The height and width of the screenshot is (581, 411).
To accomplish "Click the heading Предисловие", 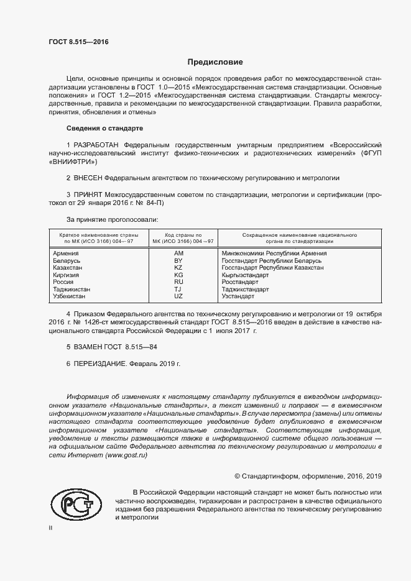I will point(215,62).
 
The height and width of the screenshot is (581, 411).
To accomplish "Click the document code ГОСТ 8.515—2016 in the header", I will point(78,42).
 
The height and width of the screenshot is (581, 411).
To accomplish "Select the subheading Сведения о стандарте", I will point(104,128).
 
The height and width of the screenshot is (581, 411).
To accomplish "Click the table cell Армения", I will point(66,254).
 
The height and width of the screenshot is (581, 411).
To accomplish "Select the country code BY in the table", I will point(178,260).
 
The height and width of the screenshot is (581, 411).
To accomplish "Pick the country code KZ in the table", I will point(178,267).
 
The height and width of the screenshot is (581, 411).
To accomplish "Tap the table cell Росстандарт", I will point(240,281).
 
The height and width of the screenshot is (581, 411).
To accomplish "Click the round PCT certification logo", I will point(76,505).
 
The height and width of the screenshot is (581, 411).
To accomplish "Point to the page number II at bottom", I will point(51,528).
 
